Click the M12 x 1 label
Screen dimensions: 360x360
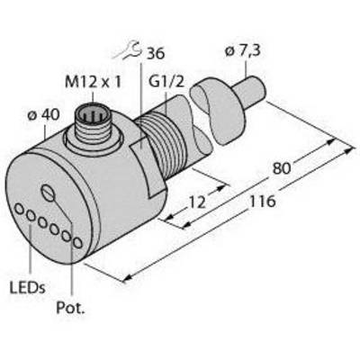point(93,81)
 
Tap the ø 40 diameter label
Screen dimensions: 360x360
point(43,114)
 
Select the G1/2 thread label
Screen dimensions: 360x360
point(166,81)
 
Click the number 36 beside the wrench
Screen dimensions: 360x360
point(155,54)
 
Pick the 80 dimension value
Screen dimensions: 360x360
point(282,168)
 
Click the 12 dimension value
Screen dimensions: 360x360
point(197,202)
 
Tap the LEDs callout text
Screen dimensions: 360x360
point(27,288)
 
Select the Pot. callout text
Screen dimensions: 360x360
point(70,309)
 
